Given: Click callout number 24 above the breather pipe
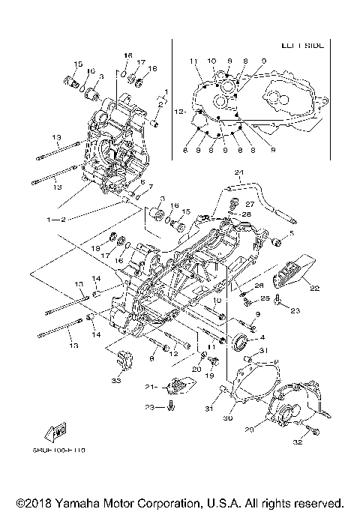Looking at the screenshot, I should (239, 174).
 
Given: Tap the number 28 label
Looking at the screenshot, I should (247, 214).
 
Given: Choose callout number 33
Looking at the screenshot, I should (115, 381).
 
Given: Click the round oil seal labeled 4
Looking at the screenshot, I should (240, 343).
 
